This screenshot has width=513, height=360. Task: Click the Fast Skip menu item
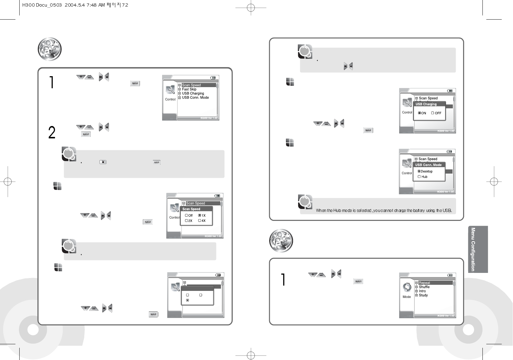(189, 89)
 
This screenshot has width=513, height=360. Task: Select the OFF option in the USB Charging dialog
(438, 113)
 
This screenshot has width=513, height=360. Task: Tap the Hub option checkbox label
(424, 177)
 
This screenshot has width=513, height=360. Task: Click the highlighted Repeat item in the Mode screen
(424, 283)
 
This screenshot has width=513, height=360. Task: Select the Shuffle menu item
(424, 287)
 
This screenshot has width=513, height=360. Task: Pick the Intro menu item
(422, 291)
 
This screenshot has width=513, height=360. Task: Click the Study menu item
(423, 295)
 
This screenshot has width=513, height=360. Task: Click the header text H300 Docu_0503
(42, 5)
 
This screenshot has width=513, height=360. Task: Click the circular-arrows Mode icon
(407, 287)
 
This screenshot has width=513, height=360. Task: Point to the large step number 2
(52, 132)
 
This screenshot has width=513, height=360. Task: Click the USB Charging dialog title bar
(429, 104)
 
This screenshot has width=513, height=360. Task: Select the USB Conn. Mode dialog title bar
(428, 165)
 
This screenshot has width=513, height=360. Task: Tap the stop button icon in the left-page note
(103, 162)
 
